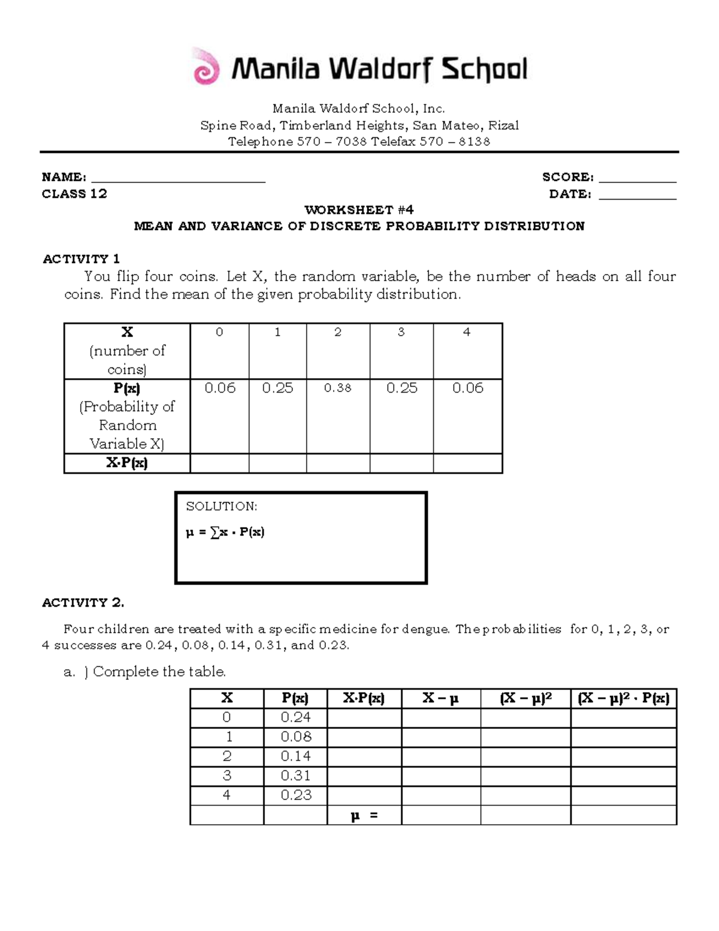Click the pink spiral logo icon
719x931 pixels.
[206, 68]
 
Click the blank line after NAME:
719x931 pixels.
[178, 180]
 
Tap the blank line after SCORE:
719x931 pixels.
[637, 180]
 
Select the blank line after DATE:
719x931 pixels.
[637, 197]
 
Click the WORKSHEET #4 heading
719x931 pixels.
[359, 210]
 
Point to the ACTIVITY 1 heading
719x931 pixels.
[81, 259]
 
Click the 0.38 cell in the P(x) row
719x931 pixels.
[337, 388]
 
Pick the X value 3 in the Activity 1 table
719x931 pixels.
[401, 332]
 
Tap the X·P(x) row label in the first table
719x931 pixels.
[126, 463]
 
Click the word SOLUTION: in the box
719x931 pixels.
[221, 506]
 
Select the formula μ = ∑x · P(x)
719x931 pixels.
[225, 532]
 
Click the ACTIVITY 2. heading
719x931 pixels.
[83, 602]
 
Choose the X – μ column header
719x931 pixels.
[440, 698]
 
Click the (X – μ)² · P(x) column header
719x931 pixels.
[623, 698]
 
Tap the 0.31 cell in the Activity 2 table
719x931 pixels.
[295, 776]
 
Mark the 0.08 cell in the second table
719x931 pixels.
[295, 737]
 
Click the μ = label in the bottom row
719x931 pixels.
[364, 815]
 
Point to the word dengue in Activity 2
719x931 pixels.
[424, 629]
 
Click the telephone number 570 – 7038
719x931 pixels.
[332, 141]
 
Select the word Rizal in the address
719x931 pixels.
[503, 125]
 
